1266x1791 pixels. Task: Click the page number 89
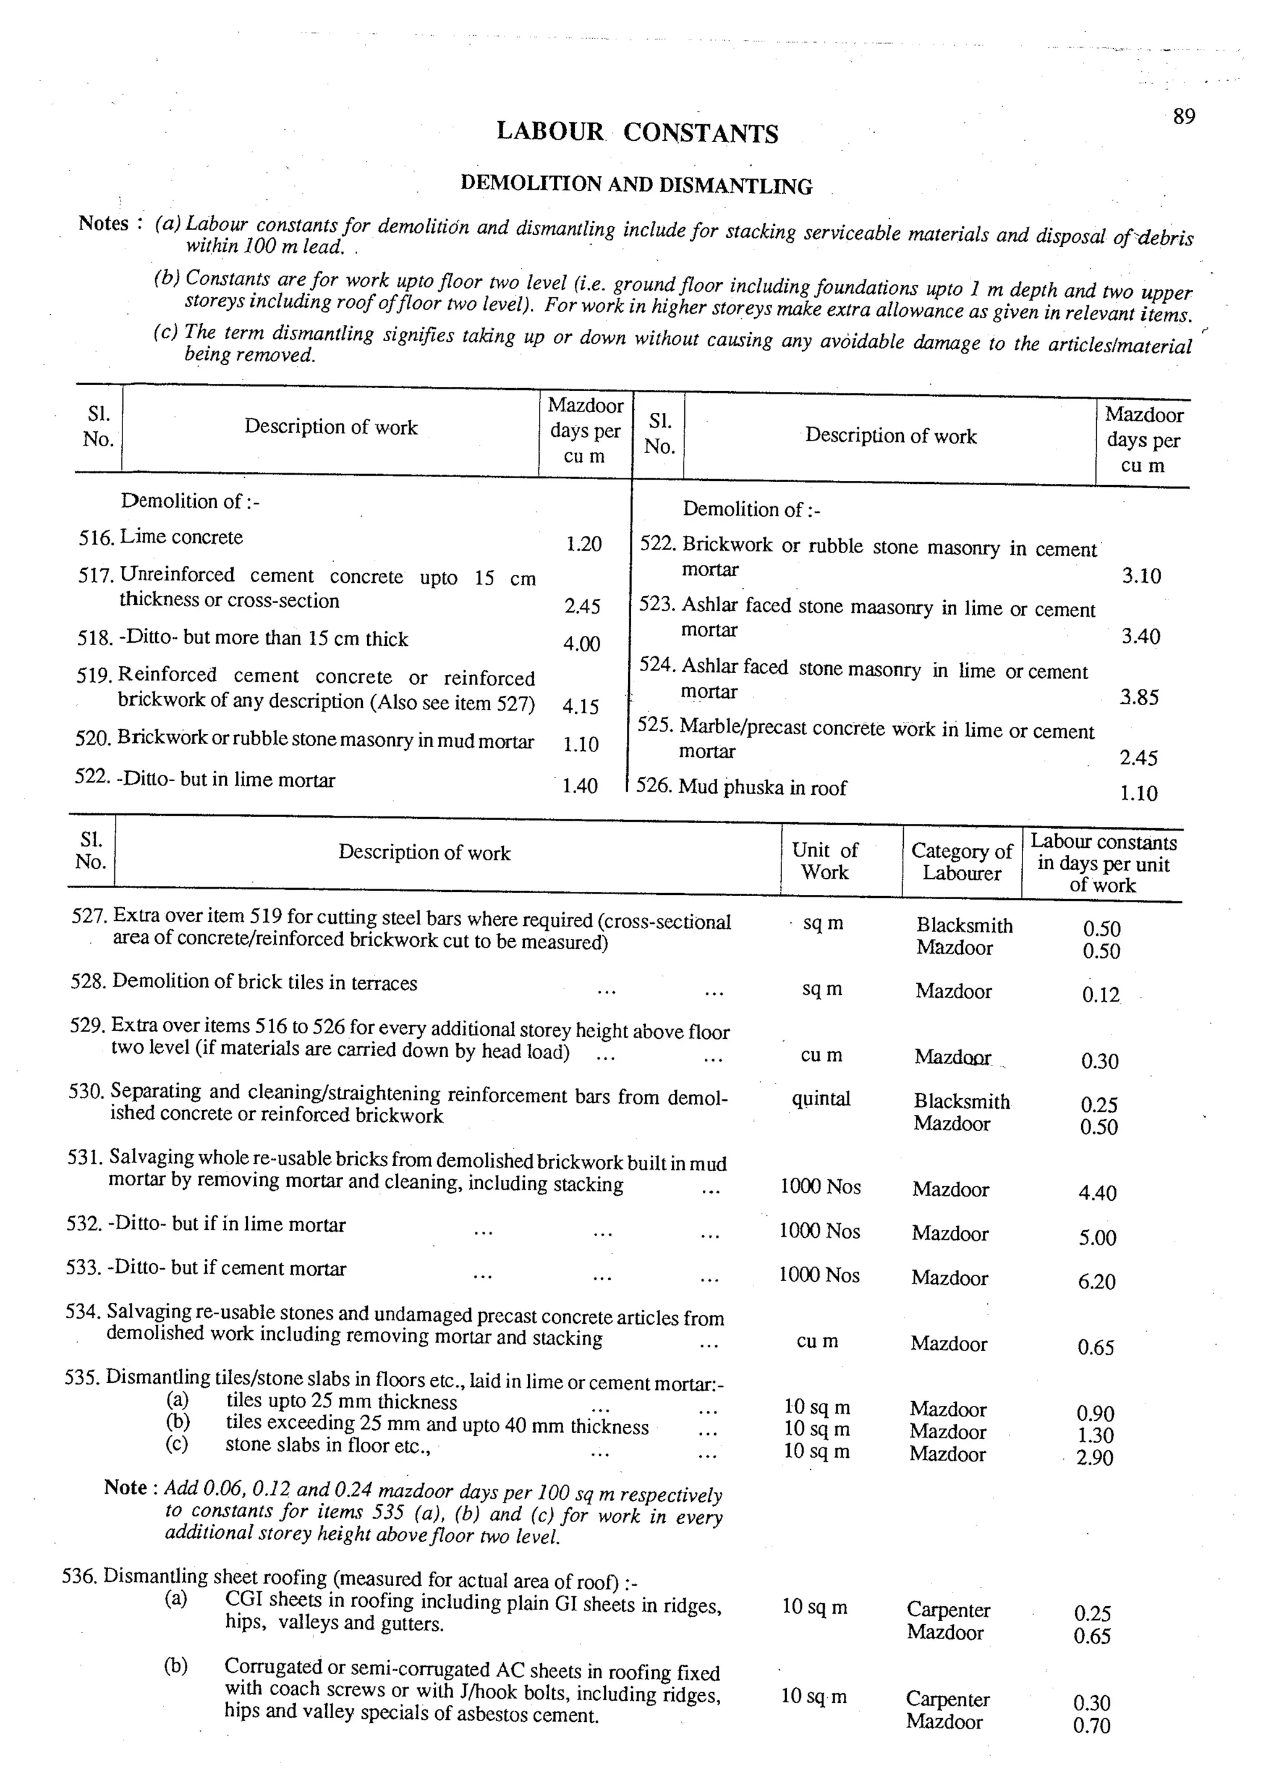click(x=1183, y=117)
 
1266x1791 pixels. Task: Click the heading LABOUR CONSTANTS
click(x=637, y=133)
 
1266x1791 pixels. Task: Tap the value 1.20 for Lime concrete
click(x=584, y=544)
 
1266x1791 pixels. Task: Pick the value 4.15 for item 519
click(x=581, y=707)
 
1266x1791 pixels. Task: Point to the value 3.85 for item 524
click(x=1140, y=697)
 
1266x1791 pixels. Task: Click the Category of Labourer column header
click(x=961, y=862)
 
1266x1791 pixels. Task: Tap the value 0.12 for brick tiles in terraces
click(x=1100, y=996)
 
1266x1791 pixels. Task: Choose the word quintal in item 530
click(x=820, y=1099)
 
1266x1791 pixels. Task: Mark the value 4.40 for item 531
click(x=1097, y=1193)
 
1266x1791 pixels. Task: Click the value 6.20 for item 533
click(x=1097, y=1282)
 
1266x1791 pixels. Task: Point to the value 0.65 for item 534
click(x=1096, y=1347)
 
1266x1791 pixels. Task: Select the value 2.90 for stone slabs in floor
click(x=1094, y=1457)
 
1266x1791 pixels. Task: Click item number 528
click(x=87, y=982)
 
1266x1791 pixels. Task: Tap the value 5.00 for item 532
click(x=1097, y=1238)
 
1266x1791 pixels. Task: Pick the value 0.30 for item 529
click(x=1100, y=1061)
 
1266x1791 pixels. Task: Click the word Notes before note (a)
click(x=103, y=224)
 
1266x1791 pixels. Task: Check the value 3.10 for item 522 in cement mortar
click(x=1141, y=577)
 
